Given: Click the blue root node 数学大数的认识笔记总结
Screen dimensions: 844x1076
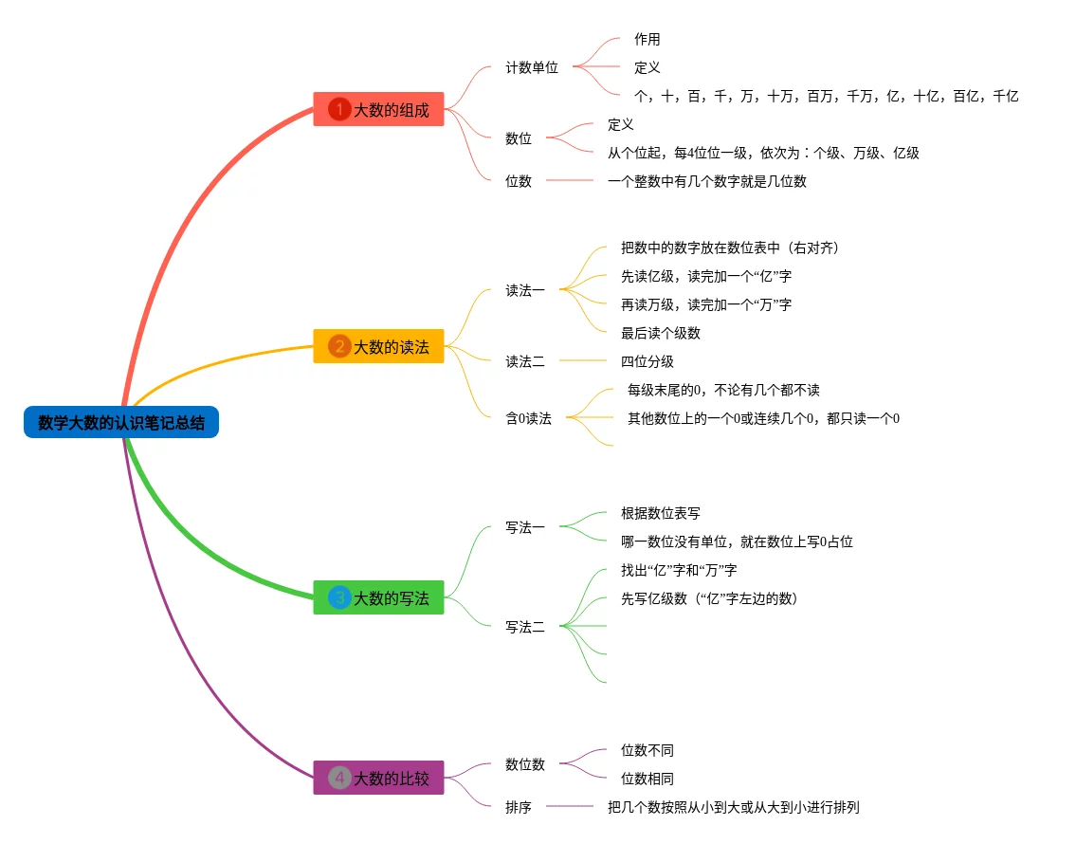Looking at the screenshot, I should [121, 422].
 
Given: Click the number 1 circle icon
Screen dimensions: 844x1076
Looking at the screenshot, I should [339, 110].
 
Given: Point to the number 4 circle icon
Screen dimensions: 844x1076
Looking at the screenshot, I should [339, 779].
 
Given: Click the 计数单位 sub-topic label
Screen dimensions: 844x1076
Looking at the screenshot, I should [532, 67].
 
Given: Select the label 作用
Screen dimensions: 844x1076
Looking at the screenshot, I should [647, 39].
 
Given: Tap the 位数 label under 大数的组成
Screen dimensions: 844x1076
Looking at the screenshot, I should [519, 181].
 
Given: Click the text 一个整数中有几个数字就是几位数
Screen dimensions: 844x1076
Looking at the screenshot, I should [706, 181].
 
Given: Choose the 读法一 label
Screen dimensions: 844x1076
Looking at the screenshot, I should [525, 290].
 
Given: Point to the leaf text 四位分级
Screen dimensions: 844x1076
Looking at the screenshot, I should [647, 361].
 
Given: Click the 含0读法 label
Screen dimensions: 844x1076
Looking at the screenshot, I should [528, 418].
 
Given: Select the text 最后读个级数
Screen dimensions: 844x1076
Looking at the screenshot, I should [660, 333].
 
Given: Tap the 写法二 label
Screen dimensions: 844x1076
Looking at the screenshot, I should [525, 627].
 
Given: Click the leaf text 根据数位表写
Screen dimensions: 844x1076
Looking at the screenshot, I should [660, 513].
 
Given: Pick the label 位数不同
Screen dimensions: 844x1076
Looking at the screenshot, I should [647, 750].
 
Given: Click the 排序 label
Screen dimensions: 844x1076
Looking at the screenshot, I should [519, 807].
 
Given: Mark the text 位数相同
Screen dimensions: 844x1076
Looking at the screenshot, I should [647, 779].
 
